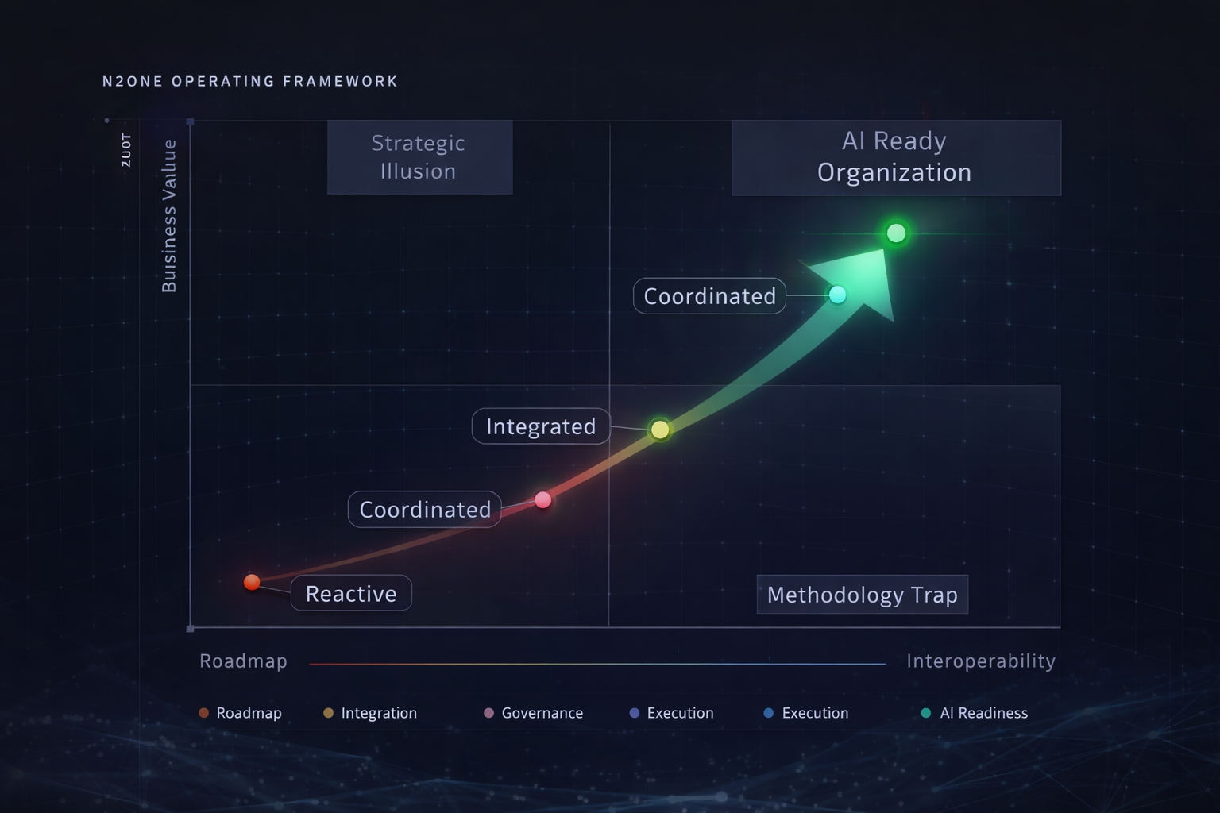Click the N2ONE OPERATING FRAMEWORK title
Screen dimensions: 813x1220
(250, 81)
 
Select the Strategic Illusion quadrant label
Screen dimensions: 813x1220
(419, 157)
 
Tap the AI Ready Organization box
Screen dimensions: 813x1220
(895, 157)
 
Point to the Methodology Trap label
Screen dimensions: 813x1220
(862, 595)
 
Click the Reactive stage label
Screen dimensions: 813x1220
(351, 594)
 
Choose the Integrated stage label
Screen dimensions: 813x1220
(541, 426)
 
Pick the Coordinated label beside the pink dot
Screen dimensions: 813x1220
(425, 510)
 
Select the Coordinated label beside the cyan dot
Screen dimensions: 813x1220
(709, 296)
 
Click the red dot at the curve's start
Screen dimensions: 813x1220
(252, 582)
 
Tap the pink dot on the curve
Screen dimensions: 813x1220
(543, 499)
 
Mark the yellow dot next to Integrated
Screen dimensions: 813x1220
(660, 430)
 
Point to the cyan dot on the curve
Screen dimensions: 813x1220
(837, 295)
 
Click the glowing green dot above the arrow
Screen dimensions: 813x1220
(896, 233)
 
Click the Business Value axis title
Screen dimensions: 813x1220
(169, 216)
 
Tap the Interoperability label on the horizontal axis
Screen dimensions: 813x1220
(981, 661)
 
